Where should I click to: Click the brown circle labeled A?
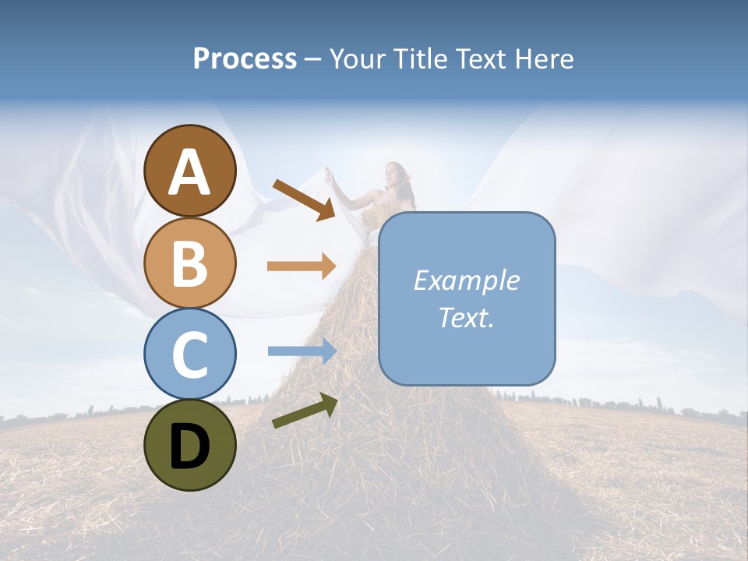point(190,171)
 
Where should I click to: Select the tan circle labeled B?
point(190,263)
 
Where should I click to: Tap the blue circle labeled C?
point(190,354)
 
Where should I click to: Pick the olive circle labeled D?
point(190,445)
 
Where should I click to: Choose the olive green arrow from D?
point(305,411)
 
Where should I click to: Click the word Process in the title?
point(245,59)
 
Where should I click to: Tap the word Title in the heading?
point(420,59)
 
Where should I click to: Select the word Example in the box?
point(466,280)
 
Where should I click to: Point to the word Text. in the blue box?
point(466,317)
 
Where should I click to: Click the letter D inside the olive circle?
point(190,446)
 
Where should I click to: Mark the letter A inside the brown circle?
point(190,172)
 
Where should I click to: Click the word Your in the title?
point(359,59)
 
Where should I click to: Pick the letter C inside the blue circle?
point(190,355)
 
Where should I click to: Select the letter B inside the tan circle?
point(190,264)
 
